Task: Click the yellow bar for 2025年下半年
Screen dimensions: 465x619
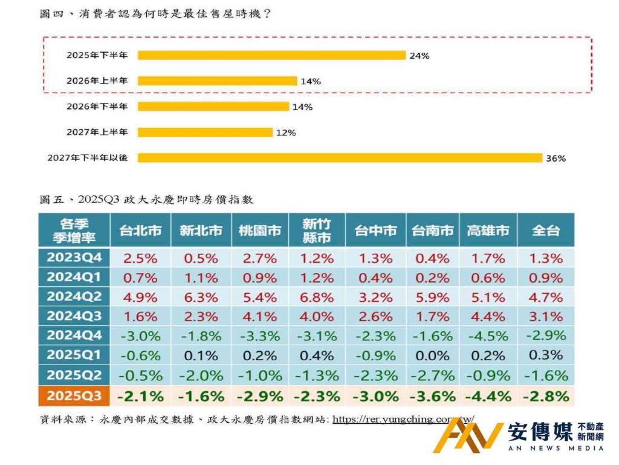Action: [271, 55]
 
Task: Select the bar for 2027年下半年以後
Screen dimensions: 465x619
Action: [340, 158]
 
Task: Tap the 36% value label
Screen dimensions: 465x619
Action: [556, 159]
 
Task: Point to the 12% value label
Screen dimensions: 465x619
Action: [285, 133]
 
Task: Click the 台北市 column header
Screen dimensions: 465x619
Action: [140, 230]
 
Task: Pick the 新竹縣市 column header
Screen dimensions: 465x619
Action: [317, 230]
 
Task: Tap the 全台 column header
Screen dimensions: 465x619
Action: [545, 230]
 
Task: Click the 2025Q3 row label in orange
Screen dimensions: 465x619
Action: [73, 397]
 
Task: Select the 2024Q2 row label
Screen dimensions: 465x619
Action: [73, 297]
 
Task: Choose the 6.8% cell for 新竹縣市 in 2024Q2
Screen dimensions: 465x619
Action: [317, 297]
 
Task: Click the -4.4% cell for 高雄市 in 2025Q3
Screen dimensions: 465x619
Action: [487, 397]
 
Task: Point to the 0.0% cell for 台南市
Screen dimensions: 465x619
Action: [432, 355]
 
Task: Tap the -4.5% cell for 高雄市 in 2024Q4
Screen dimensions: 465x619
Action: [487, 335]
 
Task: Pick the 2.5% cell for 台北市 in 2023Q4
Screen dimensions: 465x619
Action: [140, 258]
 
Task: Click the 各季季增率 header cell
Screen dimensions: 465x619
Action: [73, 230]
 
